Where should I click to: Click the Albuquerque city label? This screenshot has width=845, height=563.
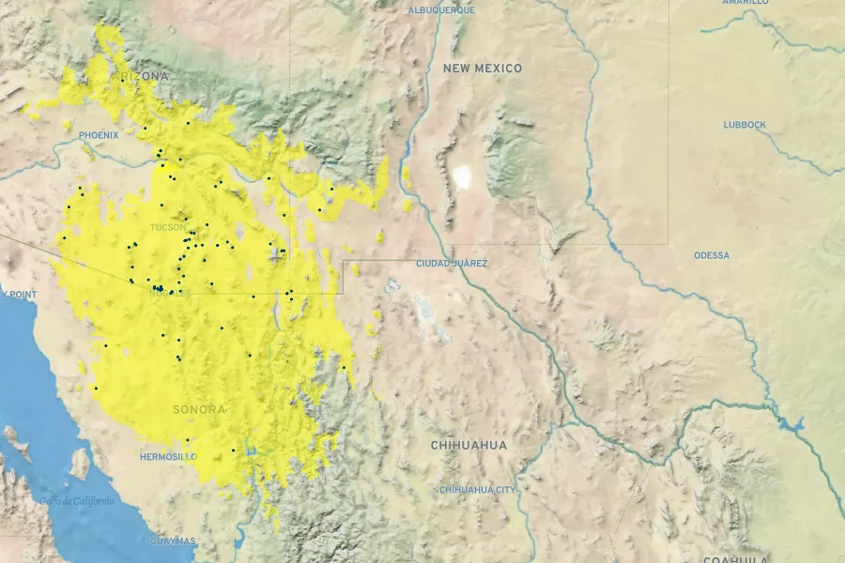(441, 10)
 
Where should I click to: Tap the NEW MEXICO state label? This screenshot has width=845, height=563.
(483, 68)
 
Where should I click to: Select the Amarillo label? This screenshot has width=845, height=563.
(745, 3)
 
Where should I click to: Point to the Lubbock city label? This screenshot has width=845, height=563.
(745, 125)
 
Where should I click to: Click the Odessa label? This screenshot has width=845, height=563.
(712, 255)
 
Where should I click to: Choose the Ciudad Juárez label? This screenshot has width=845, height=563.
(452, 264)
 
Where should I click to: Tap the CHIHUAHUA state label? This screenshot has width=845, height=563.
(469, 445)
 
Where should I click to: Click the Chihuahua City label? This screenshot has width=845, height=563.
(477, 490)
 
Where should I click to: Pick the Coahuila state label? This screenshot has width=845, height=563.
(736, 559)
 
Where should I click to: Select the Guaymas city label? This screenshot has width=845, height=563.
(173, 541)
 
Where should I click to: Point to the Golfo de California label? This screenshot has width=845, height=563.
(76, 501)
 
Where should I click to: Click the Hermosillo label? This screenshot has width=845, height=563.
(167, 457)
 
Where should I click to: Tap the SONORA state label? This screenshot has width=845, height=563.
(199, 410)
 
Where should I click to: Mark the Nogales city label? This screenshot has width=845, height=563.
(170, 294)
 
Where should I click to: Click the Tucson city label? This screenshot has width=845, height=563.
(168, 227)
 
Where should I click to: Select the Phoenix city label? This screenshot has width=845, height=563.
(99, 135)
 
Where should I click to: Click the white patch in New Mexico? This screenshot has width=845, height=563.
(462, 175)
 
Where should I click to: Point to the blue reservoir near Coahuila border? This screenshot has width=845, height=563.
(791, 424)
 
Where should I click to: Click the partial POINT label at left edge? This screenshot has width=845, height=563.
(19, 295)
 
